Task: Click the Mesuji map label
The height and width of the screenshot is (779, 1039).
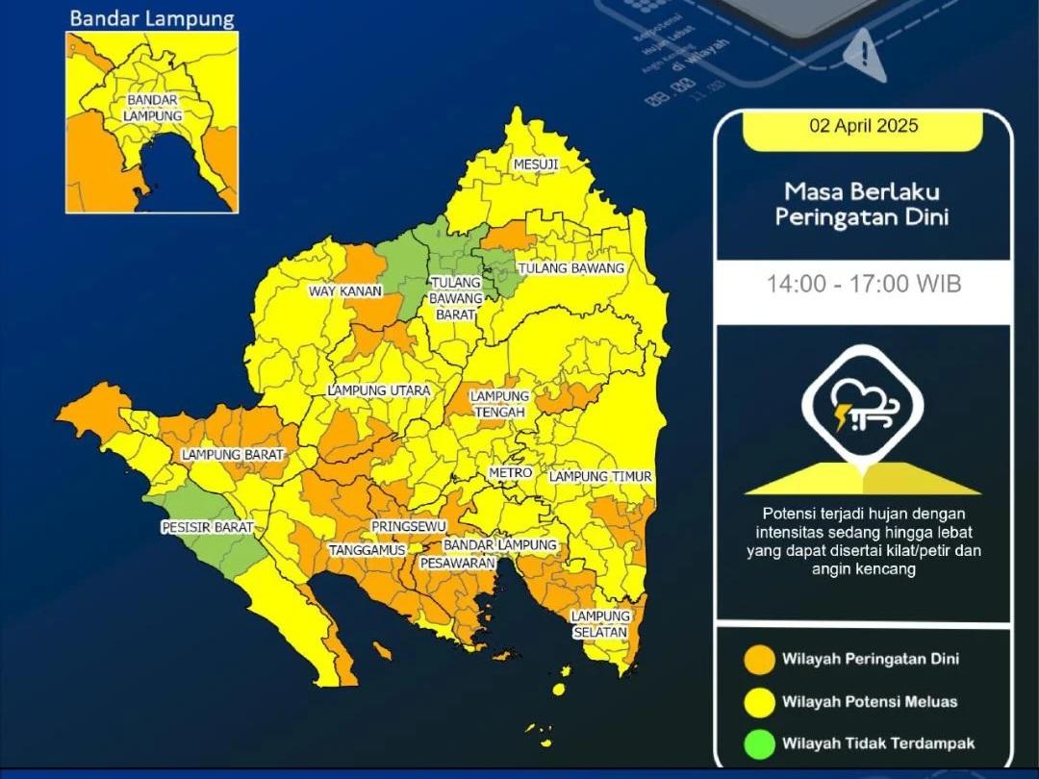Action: tap(536, 164)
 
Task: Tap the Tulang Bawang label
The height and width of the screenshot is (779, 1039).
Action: tap(571, 268)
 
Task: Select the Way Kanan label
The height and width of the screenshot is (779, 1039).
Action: tap(345, 291)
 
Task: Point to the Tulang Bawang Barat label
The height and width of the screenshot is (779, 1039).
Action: tap(457, 298)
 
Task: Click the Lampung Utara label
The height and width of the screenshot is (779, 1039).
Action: tap(379, 391)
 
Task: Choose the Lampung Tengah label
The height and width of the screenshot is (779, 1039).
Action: tap(499, 404)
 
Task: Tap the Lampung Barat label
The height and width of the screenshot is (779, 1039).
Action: tap(233, 455)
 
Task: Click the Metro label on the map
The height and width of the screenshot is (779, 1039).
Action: tap(510, 474)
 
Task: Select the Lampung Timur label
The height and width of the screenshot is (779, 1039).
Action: tap(601, 477)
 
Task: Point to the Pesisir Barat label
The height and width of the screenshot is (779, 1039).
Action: tap(207, 528)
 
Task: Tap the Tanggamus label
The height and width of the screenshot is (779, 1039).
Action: tap(361, 550)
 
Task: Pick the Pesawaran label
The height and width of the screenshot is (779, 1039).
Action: tap(457, 563)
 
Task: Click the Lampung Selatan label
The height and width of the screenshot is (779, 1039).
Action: tap(600, 624)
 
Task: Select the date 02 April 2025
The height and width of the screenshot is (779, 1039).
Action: tap(863, 126)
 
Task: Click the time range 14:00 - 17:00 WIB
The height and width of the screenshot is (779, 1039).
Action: tap(863, 284)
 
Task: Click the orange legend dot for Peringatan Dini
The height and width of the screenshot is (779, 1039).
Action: tap(759, 660)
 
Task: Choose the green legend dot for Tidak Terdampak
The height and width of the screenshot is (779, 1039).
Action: tap(759, 743)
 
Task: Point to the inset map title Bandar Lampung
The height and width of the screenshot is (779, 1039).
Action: tap(152, 18)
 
